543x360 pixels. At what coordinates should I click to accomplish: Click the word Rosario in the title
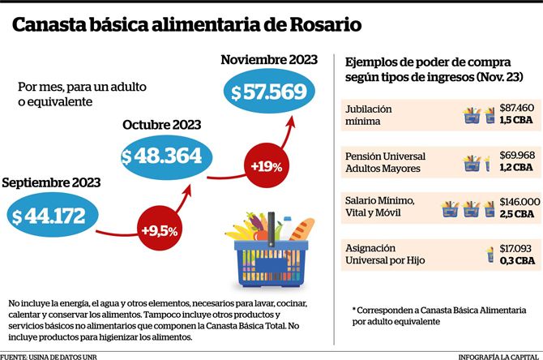coord(325,25)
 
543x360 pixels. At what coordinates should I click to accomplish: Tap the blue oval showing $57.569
coord(269,92)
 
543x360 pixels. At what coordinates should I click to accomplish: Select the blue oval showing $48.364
coord(166,157)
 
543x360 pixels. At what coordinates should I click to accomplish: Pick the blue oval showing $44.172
coord(53,215)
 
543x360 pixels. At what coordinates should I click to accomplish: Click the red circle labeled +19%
coord(267,166)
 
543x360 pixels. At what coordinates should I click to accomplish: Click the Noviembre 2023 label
coord(269,60)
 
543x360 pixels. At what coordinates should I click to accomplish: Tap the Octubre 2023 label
coord(162,125)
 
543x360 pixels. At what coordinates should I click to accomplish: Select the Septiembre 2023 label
coord(51,182)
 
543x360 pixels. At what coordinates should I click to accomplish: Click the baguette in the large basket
coord(301,230)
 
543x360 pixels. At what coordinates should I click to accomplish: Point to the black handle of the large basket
coord(271,229)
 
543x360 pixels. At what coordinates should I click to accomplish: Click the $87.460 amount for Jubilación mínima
coord(517,108)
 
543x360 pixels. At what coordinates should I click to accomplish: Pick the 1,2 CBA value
coord(516,167)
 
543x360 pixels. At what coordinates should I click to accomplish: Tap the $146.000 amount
coord(519,202)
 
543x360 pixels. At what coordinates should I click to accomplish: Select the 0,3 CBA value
coord(517,260)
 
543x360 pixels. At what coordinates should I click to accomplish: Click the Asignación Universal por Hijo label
coord(385,254)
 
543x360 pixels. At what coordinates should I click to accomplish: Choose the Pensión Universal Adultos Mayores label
coord(385,162)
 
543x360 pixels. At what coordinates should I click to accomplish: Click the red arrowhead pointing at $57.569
coord(291,122)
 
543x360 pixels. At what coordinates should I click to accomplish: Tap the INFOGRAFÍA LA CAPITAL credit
coord(498,357)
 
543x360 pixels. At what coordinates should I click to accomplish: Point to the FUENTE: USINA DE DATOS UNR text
coord(49,357)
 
